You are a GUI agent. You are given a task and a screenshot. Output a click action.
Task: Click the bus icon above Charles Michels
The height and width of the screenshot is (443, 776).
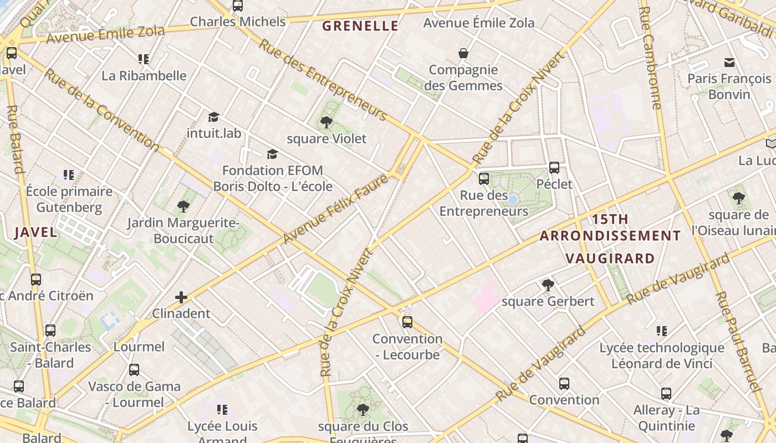point(238,6)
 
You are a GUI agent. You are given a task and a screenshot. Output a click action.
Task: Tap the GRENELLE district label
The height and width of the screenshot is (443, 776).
point(360,26)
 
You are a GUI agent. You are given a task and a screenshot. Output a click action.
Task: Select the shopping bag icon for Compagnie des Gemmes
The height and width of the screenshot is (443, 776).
point(463,53)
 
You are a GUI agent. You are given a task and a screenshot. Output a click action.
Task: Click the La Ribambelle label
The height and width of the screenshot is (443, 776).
point(144,75)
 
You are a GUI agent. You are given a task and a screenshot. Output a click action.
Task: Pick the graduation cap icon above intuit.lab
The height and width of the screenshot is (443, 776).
point(213,117)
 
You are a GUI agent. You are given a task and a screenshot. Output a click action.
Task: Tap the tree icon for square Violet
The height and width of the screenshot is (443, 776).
point(326,122)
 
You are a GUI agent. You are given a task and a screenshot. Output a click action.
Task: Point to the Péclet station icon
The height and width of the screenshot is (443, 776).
point(554,168)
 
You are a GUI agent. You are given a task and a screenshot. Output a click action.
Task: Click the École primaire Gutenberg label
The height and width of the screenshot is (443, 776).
point(69,199)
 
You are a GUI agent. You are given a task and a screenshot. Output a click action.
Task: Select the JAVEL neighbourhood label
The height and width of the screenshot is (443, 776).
point(35,232)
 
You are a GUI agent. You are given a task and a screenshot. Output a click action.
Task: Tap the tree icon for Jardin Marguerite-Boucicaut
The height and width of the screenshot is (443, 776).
point(183,207)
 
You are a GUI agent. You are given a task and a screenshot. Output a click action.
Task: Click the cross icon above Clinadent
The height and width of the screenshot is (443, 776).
point(181,297)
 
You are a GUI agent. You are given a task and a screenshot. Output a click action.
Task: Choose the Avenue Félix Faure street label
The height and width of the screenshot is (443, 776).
point(335,209)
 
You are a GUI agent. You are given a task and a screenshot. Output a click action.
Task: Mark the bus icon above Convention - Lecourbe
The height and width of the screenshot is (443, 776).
point(407,322)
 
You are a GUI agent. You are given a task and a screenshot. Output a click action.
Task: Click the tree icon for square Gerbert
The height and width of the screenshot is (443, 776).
point(548,285)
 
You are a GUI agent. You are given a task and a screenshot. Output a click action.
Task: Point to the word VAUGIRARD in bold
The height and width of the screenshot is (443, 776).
point(610,258)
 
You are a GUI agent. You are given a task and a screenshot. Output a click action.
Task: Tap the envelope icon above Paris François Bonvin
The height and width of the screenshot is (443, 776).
point(729,63)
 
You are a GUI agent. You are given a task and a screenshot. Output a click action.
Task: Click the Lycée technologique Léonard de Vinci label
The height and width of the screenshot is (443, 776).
point(662,356)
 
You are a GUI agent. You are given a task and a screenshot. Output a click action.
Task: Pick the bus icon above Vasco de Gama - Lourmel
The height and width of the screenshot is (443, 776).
point(134,369)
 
